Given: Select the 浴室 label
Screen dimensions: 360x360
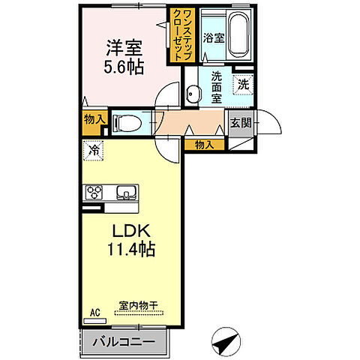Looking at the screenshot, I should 214,37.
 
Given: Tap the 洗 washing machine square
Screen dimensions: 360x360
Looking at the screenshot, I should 243,84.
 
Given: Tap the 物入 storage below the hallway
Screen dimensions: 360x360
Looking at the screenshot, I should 204,144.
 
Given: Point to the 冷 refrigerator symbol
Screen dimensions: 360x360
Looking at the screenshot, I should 94,151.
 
